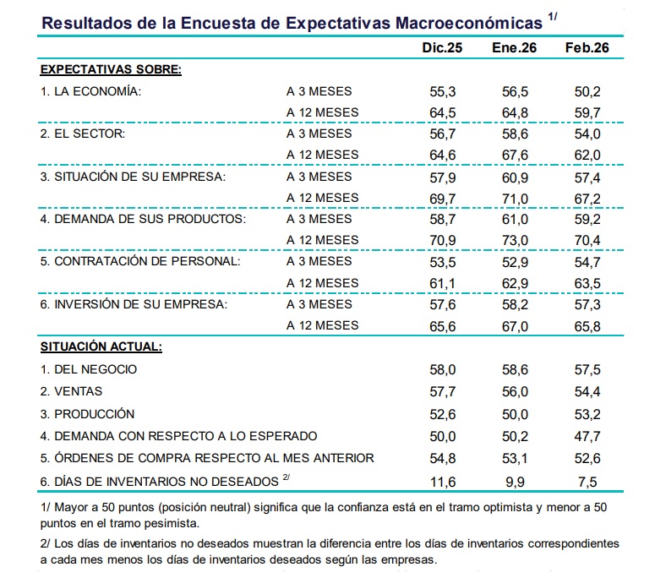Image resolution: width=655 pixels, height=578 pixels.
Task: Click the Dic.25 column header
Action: pos(442,47)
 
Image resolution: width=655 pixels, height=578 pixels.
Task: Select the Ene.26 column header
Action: pos(514,47)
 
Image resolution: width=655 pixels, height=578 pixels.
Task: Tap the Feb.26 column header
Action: pos(587,47)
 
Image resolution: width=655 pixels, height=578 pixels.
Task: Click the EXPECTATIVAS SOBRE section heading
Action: pos(111,69)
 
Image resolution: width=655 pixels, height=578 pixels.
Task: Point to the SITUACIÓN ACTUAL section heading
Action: pos(101,346)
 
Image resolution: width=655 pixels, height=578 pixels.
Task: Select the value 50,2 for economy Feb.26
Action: pos(587,92)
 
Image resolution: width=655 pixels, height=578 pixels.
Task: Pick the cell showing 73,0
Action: pos(515,241)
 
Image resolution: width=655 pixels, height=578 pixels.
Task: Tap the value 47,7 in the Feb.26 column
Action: pos(587,436)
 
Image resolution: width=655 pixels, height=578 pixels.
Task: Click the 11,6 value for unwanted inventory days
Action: pos(443,482)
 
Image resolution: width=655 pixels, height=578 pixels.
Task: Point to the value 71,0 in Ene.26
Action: pos(515,199)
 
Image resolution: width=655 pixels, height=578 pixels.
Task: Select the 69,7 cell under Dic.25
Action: pos(443,199)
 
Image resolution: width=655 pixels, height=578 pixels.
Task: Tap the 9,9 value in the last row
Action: pos(515,482)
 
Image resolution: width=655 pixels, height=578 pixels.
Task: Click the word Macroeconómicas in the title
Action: pos(469,23)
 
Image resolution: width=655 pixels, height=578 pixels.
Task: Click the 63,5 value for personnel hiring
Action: pos(587,284)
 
